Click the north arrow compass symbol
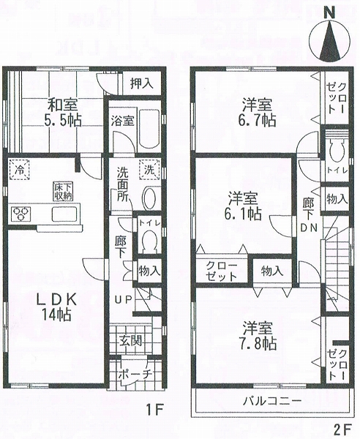pyautogui.click(x=330, y=41)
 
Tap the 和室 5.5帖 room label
pyautogui.click(x=63, y=113)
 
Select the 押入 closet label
pyautogui.click(x=142, y=83)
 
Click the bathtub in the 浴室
pyautogui.click(x=149, y=128)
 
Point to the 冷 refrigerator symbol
pyautogui.click(x=19, y=168)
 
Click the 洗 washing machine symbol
pyautogui.click(x=149, y=169)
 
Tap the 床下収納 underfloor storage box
pyautogui.click(x=63, y=191)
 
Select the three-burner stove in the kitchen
pyautogui.click(x=21, y=214)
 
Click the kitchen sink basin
pyautogui.click(x=64, y=214)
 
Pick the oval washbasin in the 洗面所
pyautogui.click(x=150, y=198)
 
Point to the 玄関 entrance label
pyautogui.click(x=131, y=340)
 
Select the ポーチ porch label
pyautogui.click(x=135, y=375)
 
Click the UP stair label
pyautogui.click(x=123, y=299)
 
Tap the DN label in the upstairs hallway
pyautogui.click(x=309, y=228)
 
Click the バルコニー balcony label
pyautogui.click(x=272, y=401)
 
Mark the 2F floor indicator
pyautogui.click(x=342, y=429)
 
